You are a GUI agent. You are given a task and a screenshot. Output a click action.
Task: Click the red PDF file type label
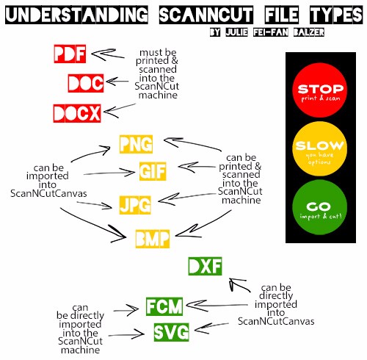click(70, 54)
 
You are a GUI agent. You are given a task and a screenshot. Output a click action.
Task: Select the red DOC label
click(86, 83)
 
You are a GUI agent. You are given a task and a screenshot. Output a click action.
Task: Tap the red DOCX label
click(77, 113)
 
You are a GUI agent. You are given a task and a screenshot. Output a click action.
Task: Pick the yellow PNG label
click(136, 144)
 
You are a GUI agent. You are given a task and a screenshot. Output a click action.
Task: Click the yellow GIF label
click(153, 171)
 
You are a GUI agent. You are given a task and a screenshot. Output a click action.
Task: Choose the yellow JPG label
click(135, 205)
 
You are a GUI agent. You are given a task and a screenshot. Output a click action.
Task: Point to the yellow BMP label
click(153, 239)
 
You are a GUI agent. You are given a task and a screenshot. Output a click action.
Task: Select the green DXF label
click(205, 266)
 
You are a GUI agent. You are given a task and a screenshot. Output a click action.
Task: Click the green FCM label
click(164, 306)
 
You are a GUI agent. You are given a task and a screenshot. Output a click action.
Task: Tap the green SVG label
click(172, 332)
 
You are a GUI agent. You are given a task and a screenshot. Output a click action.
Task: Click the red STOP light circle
click(320, 90)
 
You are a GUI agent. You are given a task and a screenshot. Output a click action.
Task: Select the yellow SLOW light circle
click(320, 148)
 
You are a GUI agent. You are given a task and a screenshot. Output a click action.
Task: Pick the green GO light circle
click(320, 207)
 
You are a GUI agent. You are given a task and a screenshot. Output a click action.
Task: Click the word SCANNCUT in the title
click(206, 15)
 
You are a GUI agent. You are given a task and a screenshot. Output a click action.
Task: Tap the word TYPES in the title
click(336, 15)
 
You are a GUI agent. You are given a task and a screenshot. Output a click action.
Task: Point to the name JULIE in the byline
click(237, 32)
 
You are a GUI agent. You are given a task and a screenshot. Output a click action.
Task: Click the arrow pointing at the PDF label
click(108, 54)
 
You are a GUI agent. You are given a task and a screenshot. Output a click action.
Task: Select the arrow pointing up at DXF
click(239, 285)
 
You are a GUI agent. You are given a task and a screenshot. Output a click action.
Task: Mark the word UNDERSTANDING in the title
click(76, 15)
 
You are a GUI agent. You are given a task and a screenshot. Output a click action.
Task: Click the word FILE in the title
click(282, 15)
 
